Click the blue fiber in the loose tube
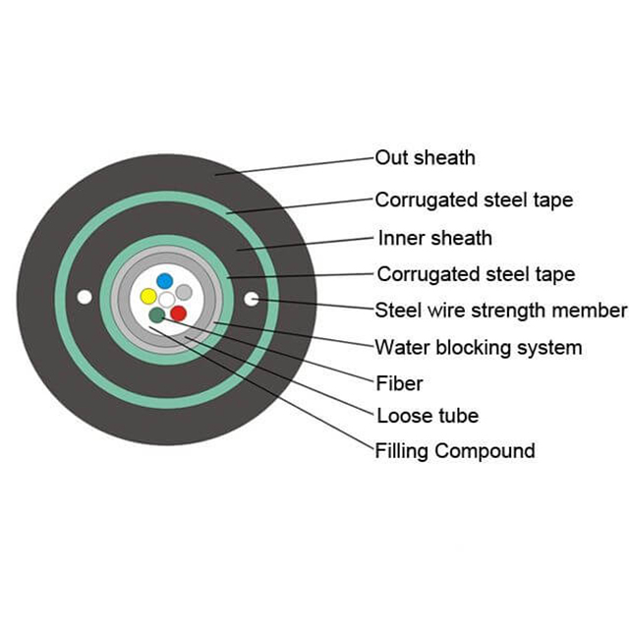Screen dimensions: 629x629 [164, 281]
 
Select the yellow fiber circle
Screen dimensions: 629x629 [148, 296]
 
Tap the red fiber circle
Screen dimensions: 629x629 [178, 314]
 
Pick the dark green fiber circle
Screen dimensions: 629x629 [157, 314]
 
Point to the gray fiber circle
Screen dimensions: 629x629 [184, 292]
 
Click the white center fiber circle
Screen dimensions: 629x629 [167, 299]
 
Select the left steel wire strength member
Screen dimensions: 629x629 [85, 297]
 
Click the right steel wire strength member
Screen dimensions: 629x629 [252, 299]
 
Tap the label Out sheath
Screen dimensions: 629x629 [426, 157]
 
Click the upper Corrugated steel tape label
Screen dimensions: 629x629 [474, 200]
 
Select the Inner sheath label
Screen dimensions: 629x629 [435, 238]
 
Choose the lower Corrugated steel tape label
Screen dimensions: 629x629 [476, 274]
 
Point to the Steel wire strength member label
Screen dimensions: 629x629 [501, 311]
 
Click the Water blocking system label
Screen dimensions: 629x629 [479, 347]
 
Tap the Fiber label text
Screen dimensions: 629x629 [399, 383]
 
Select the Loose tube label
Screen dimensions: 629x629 [429, 416]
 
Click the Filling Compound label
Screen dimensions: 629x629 [455, 451]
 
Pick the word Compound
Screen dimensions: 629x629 [485, 451]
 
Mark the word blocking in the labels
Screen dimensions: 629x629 [474, 347]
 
